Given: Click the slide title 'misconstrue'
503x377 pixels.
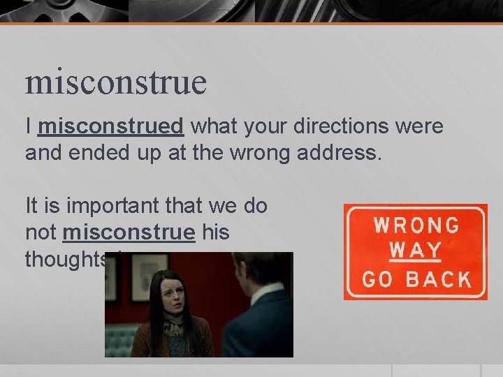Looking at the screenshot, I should [116, 83].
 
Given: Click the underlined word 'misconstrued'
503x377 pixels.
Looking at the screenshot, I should [111, 126].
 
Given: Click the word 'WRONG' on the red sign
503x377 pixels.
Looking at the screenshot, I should [416, 226].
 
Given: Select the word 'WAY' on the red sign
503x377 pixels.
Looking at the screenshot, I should [415, 250].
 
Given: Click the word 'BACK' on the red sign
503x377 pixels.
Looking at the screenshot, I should [439, 279].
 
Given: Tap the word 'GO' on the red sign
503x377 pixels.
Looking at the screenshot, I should [378, 279].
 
